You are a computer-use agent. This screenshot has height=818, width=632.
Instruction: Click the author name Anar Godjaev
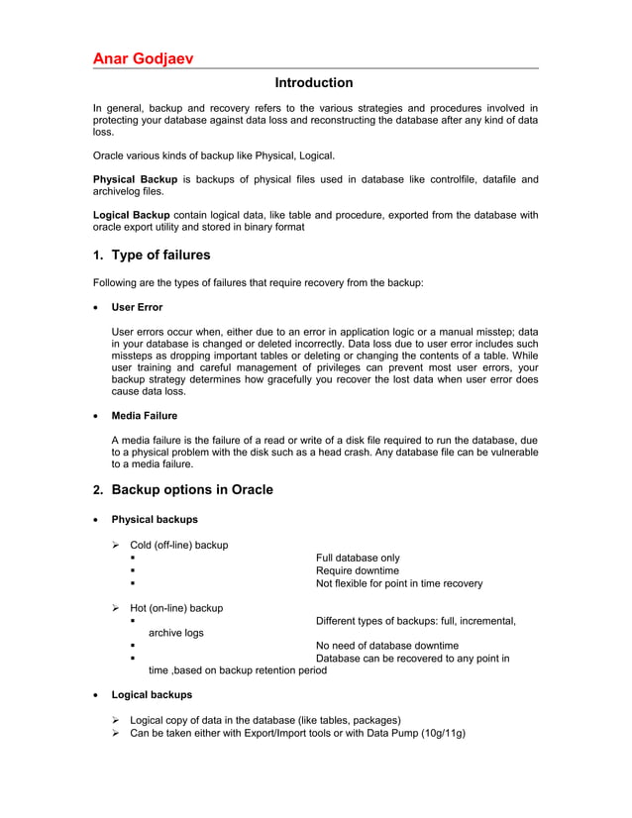(143, 58)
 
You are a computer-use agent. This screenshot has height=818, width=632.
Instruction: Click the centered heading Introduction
(314, 83)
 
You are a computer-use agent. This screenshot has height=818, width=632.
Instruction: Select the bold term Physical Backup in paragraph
(135, 179)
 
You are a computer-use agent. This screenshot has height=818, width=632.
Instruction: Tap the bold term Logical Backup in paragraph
(131, 214)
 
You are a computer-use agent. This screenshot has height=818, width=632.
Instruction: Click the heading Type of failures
(160, 255)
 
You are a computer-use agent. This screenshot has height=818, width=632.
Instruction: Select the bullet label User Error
(137, 308)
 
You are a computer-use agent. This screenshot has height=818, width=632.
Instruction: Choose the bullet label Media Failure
(145, 415)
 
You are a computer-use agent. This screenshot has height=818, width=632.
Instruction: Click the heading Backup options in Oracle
(192, 490)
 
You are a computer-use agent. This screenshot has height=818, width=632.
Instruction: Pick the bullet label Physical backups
(154, 519)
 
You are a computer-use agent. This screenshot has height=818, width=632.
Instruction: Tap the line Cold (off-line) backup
(178, 545)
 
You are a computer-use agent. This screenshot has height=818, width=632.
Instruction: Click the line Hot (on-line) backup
(176, 608)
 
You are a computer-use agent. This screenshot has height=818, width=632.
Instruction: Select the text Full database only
(358, 558)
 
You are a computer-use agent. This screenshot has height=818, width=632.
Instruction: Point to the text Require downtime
(357, 570)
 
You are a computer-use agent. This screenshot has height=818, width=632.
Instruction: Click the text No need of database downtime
(386, 646)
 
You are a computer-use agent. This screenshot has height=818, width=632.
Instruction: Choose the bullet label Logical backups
(152, 695)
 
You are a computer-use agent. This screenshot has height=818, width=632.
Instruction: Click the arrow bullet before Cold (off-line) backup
(116, 545)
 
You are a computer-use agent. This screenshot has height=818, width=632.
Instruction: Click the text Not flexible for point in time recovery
(399, 583)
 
